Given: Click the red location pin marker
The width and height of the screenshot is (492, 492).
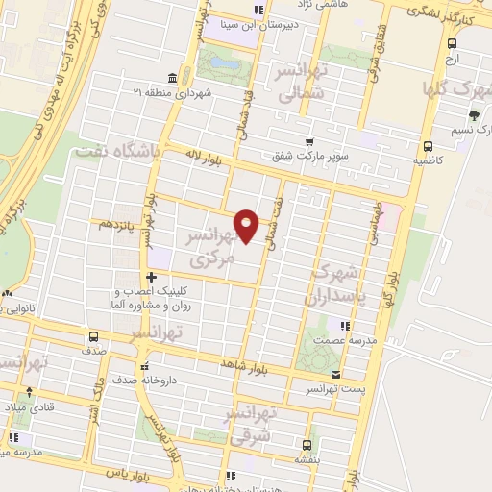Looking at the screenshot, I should [247, 225].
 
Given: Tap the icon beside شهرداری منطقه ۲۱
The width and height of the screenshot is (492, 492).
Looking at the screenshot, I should [171, 78].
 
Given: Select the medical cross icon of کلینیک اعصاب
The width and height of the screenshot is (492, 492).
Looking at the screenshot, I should [151, 278].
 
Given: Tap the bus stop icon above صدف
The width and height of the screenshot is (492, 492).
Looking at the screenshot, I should [93, 336].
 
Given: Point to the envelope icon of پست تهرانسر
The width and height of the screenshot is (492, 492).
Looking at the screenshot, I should [334, 374].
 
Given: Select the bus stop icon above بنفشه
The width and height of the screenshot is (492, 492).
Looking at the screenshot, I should [307, 445].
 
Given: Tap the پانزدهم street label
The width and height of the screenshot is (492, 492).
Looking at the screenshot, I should [118, 223].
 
